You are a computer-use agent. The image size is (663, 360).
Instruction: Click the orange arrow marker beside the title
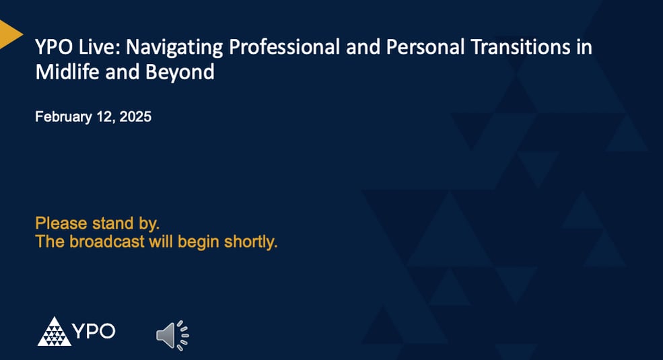click(10, 34)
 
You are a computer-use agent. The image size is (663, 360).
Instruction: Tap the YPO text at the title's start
click(53, 48)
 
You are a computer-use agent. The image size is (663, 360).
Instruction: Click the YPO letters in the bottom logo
click(94, 331)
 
